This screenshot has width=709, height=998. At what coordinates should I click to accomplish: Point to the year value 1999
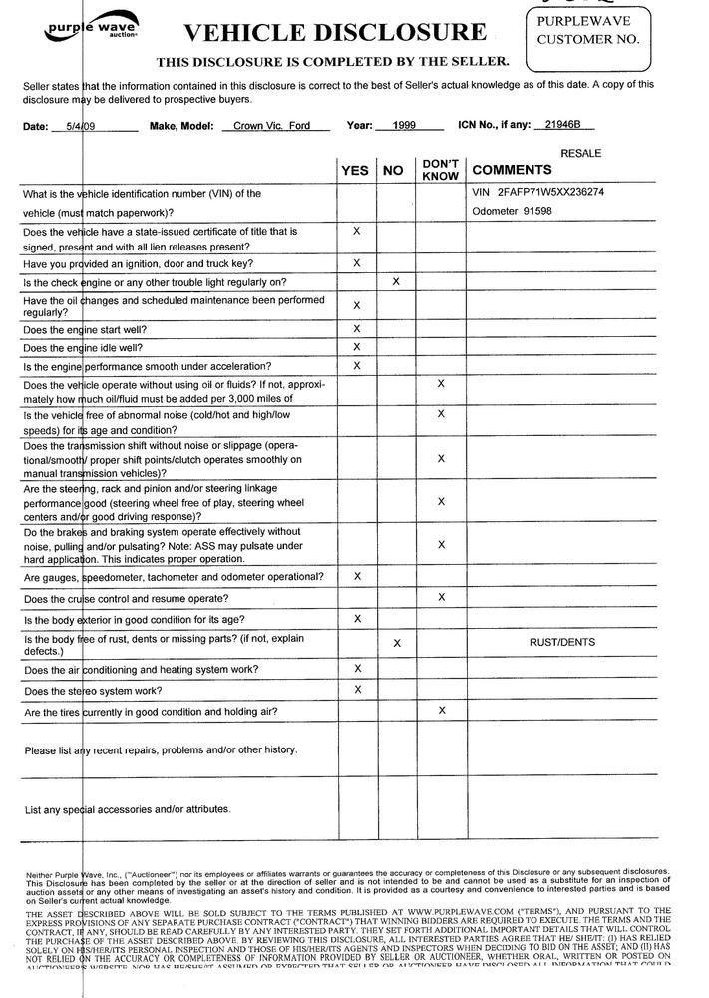404,127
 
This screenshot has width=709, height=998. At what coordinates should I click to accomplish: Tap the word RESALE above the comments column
582,153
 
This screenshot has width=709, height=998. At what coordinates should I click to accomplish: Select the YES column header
355,171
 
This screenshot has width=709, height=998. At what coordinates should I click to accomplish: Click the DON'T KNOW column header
440,169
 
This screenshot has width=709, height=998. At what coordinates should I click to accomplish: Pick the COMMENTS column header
512,170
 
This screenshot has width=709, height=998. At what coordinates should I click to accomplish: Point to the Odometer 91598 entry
511,210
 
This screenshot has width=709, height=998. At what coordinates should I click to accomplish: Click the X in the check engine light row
396,282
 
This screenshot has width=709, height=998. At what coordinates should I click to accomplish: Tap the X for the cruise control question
441,597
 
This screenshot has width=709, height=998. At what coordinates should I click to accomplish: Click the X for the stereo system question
356,689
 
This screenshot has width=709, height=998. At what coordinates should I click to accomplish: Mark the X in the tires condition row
441,710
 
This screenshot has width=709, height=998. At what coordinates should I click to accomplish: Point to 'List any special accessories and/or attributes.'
128,808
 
